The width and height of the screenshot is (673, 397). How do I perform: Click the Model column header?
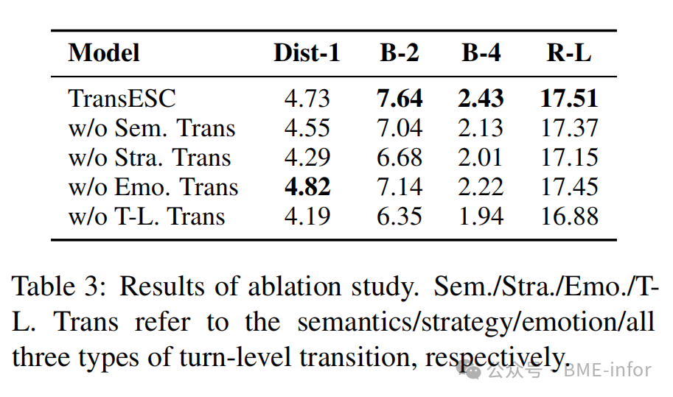104,53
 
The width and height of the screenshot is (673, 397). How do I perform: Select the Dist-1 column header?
307,53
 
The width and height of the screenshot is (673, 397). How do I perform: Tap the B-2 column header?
400,53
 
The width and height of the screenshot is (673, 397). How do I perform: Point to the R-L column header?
568,53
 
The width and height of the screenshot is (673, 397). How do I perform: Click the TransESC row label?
122,99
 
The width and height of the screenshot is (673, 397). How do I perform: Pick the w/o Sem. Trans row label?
152,128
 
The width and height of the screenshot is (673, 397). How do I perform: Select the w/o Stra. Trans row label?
150,158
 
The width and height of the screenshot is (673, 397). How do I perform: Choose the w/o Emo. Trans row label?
153,187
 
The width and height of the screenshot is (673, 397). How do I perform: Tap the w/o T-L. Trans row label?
147,217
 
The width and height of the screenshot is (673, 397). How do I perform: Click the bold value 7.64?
400,99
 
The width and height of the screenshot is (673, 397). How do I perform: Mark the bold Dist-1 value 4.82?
307,187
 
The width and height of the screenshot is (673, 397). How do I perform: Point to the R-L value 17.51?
568,99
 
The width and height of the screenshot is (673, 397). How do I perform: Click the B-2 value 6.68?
400,158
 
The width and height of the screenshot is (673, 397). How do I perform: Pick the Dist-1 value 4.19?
307,217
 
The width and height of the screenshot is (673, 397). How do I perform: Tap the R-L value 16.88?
568,217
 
